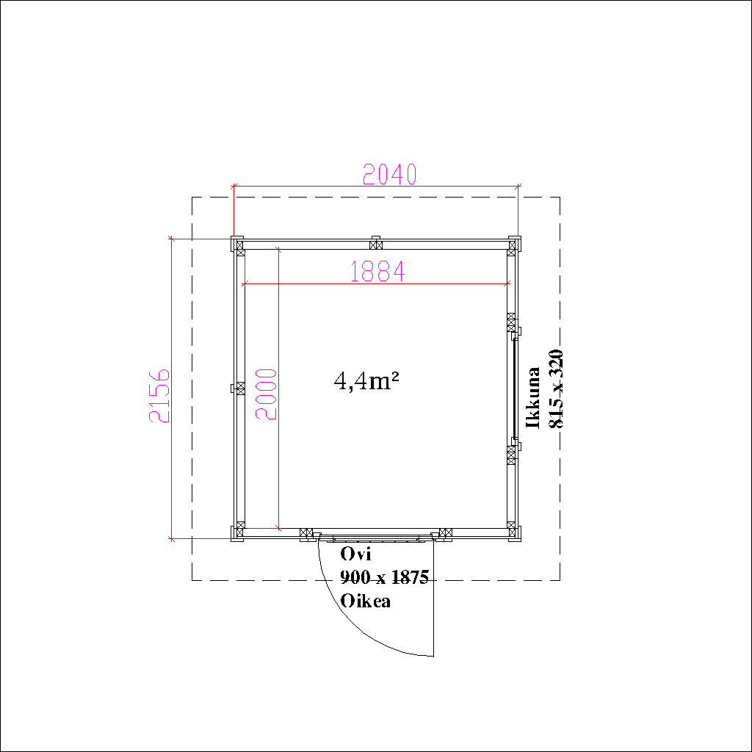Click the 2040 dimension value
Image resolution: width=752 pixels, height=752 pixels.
click(389, 174)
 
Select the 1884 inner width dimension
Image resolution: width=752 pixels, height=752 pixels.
click(378, 272)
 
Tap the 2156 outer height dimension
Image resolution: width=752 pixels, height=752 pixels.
click(159, 396)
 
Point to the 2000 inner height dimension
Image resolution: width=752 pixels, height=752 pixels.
click(266, 394)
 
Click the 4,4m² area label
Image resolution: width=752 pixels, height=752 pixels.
click(366, 381)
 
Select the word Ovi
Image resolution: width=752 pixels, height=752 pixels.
click(355, 554)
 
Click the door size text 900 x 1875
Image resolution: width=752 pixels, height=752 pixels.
click(384, 577)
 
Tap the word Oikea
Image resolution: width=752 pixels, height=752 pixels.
click(366, 601)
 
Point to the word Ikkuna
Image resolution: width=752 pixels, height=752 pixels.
click(533, 397)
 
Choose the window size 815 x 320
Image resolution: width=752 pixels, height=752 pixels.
click(556, 388)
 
